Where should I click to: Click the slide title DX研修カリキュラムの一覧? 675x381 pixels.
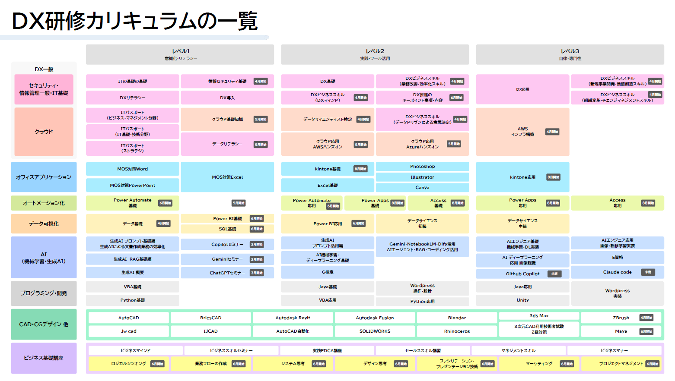point(134,21)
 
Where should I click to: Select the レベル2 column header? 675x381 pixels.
point(375,54)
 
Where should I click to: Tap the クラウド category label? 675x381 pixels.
point(44,132)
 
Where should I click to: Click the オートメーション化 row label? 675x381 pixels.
point(44,203)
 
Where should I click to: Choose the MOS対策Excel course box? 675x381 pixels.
point(227,177)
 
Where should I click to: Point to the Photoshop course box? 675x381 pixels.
point(422,167)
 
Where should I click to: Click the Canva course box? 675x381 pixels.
point(422,188)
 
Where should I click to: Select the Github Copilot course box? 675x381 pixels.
point(522,274)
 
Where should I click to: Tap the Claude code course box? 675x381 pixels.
point(617,272)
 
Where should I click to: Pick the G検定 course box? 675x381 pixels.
point(328,272)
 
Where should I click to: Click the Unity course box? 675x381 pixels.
point(522,300)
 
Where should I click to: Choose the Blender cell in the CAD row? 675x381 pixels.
point(457,318)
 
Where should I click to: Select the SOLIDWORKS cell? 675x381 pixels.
point(375,331)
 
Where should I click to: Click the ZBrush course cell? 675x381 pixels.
point(621,318)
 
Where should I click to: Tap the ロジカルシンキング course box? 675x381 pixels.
point(129,364)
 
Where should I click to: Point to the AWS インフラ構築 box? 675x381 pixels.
point(522,132)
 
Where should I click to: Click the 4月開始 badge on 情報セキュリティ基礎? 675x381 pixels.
point(261,81)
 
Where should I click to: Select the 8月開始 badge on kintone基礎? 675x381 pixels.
point(360,169)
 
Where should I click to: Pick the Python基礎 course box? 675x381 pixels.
point(133,300)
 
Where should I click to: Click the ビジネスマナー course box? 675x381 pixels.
point(615,350)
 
